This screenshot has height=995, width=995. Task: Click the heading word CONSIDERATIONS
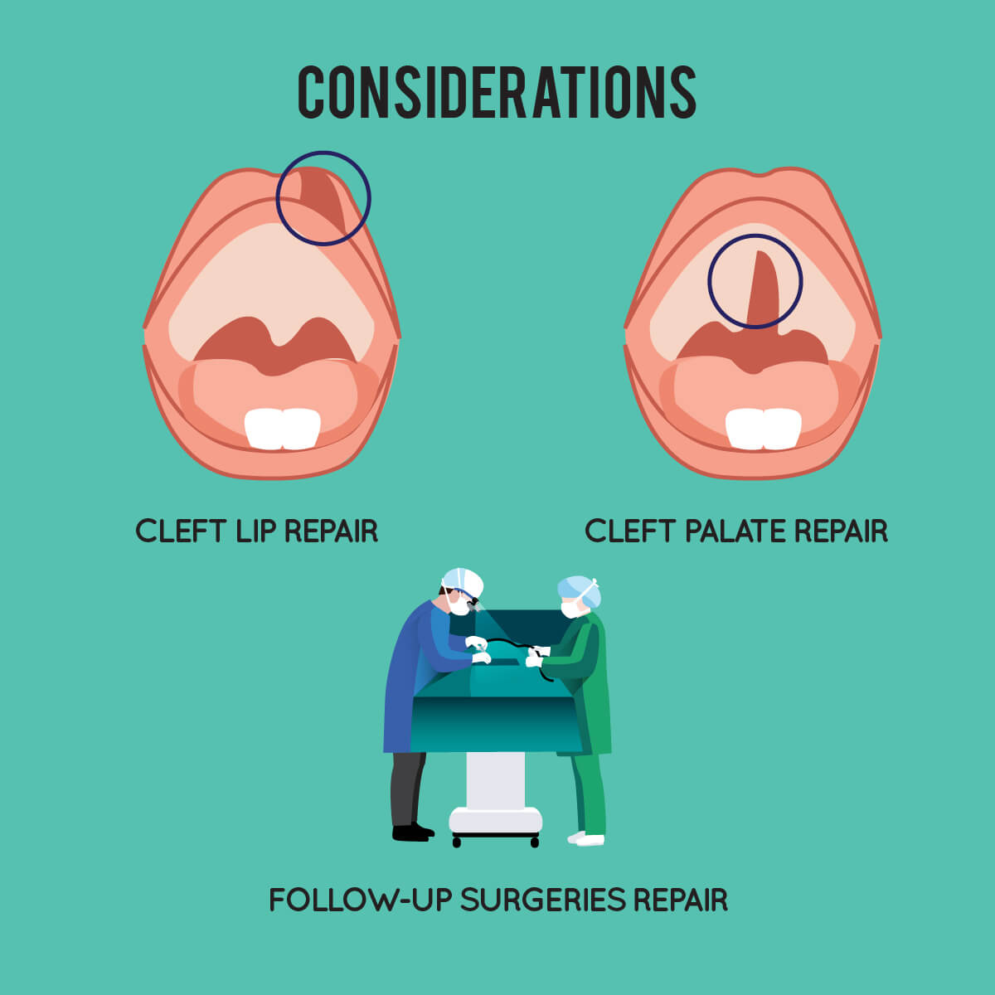pyautogui.click(x=497, y=92)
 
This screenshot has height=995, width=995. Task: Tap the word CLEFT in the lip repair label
pyautogui.click(x=181, y=531)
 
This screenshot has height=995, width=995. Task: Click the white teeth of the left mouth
pyautogui.click(x=283, y=429)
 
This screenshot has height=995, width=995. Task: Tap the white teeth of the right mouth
pyautogui.click(x=763, y=429)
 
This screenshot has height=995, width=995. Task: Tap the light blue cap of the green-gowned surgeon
pyautogui.click(x=580, y=590)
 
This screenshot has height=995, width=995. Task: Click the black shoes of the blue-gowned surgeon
pyautogui.click(x=413, y=832)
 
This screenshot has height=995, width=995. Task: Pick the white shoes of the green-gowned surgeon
pyautogui.click(x=586, y=838)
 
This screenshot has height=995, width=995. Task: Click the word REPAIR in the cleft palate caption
pyautogui.click(x=841, y=531)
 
